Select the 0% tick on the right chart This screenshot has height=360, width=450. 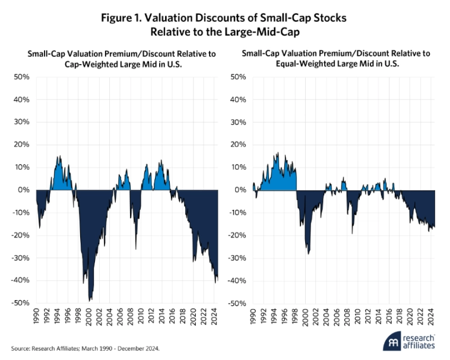pos(239,190)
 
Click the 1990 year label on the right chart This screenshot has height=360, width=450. pos(252,318)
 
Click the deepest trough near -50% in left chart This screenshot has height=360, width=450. pos(90,301)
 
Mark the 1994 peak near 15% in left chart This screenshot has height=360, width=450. pos(58,157)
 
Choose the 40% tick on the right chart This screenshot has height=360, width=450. pos(237,100)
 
